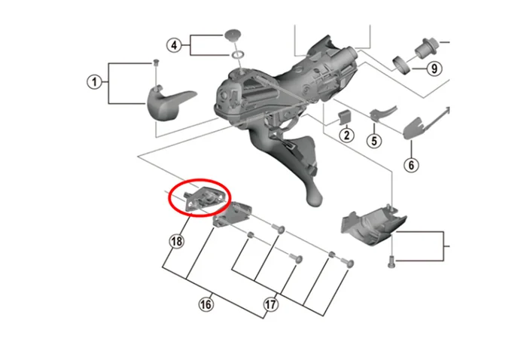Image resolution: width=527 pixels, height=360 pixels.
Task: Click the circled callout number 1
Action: click(x=94, y=82)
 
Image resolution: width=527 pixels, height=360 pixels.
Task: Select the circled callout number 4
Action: click(x=174, y=45)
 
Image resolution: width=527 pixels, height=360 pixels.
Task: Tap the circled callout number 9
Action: click(x=434, y=69)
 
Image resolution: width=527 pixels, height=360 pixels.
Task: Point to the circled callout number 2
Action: click(x=346, y=135)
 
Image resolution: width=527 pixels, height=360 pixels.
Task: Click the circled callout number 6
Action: click(x=411, y=165)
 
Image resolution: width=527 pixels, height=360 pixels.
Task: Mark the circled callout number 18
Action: click(x=177, y=241)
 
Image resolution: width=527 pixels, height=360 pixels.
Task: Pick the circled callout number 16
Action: click(x=206, y=304)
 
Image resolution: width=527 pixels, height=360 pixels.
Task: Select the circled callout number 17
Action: click(x=270, y=304)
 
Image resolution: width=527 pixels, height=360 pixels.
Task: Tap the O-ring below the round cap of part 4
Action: click(x=237, y=55)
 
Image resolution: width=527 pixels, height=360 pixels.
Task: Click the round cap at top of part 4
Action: click(x=232, y=35)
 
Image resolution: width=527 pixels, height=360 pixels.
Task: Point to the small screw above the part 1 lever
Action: click(x=156, y=63)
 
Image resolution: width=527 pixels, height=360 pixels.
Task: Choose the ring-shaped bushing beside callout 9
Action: click(x=402, y=65)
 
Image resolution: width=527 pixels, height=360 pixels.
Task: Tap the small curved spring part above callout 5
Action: click(x=382, y=113)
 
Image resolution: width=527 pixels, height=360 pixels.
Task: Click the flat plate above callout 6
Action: click(x=414, y=128)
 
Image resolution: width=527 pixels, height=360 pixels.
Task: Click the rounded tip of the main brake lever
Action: click(x=315, y=199)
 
